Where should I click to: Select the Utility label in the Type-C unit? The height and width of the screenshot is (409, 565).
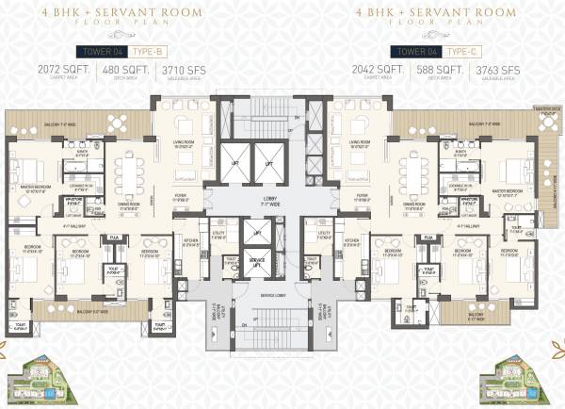[325, 235]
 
